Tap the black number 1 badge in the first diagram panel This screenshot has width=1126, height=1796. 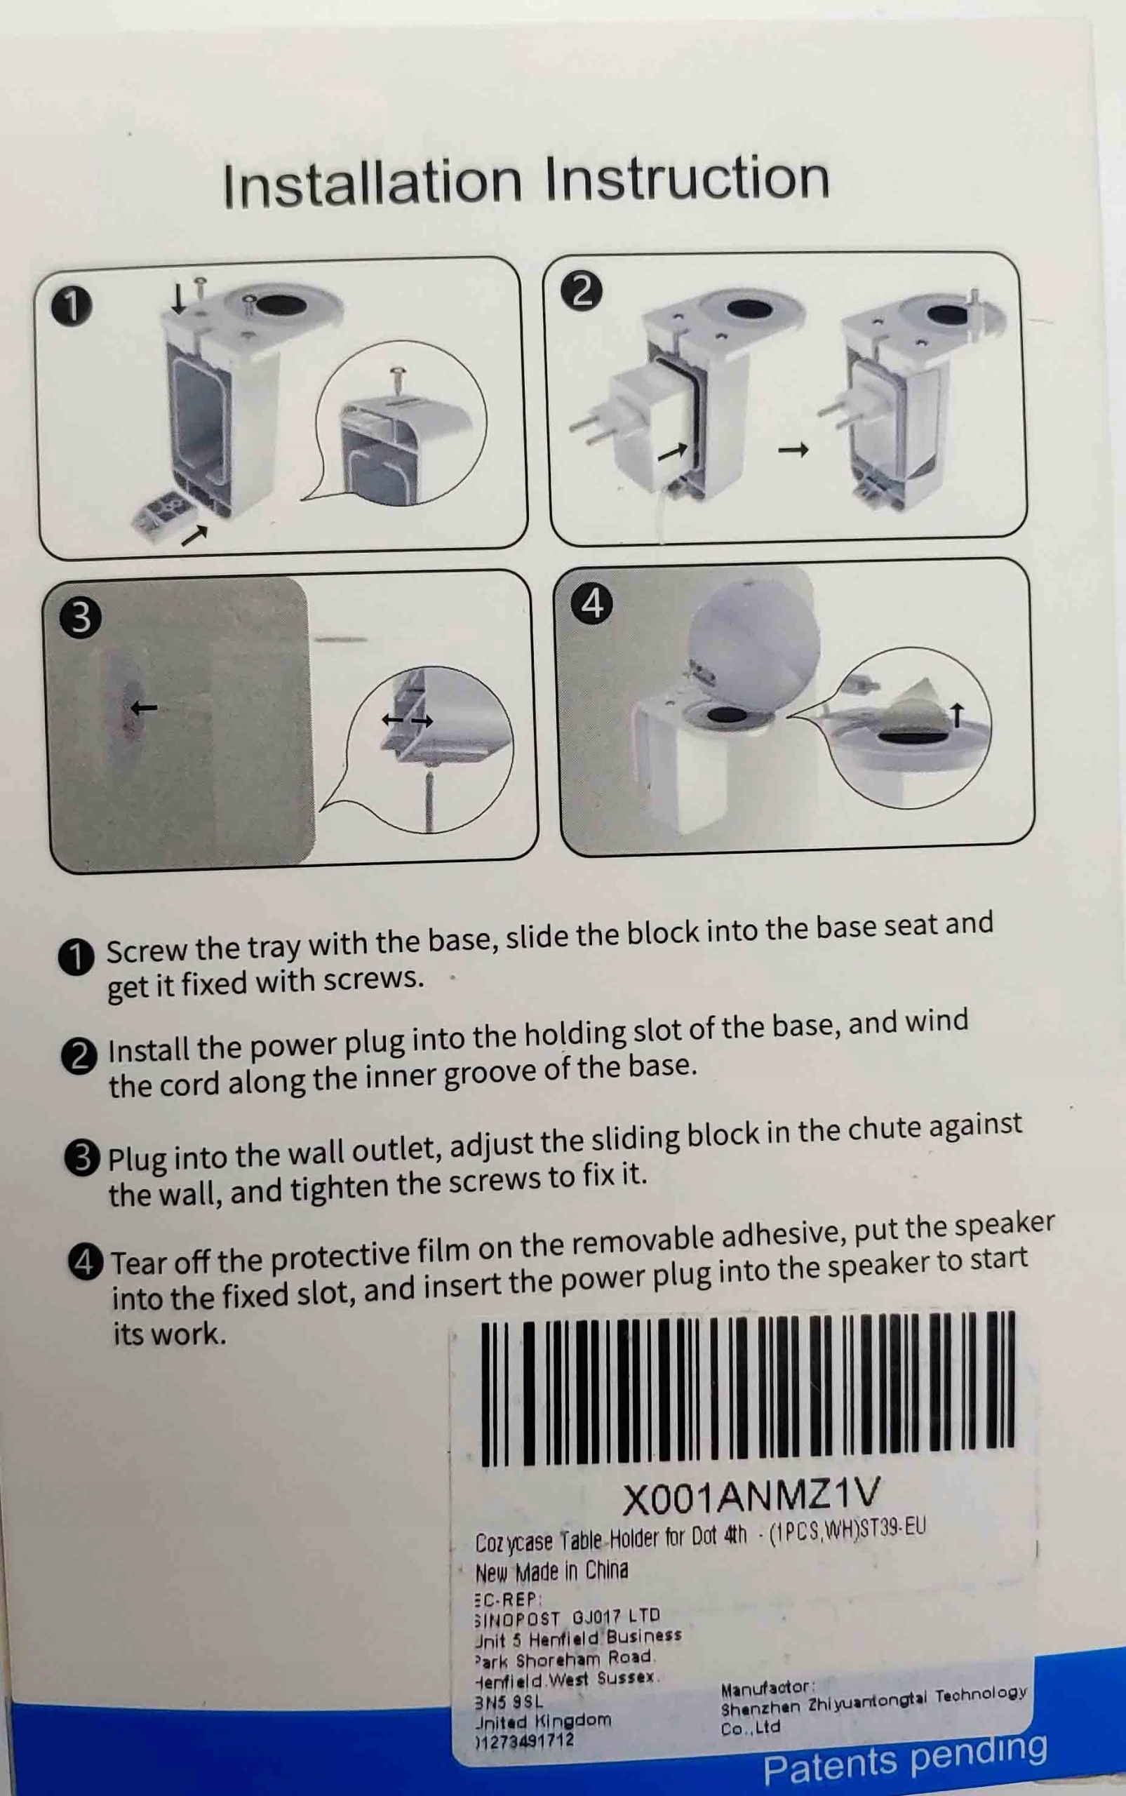tap(72, 305)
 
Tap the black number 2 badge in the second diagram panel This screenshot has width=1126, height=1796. tap(582, 290)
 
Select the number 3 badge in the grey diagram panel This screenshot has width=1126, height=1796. tap(81, 617)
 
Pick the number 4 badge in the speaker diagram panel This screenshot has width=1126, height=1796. tap(592, 604)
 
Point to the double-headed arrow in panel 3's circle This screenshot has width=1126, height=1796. tap(407, 719)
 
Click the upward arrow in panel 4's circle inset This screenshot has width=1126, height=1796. tap(958, 715)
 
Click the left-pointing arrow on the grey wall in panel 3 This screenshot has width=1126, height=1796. tap(144, 707)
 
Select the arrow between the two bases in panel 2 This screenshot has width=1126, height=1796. tap(793, 449)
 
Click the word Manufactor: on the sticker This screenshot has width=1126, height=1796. tap(768, 1687)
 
